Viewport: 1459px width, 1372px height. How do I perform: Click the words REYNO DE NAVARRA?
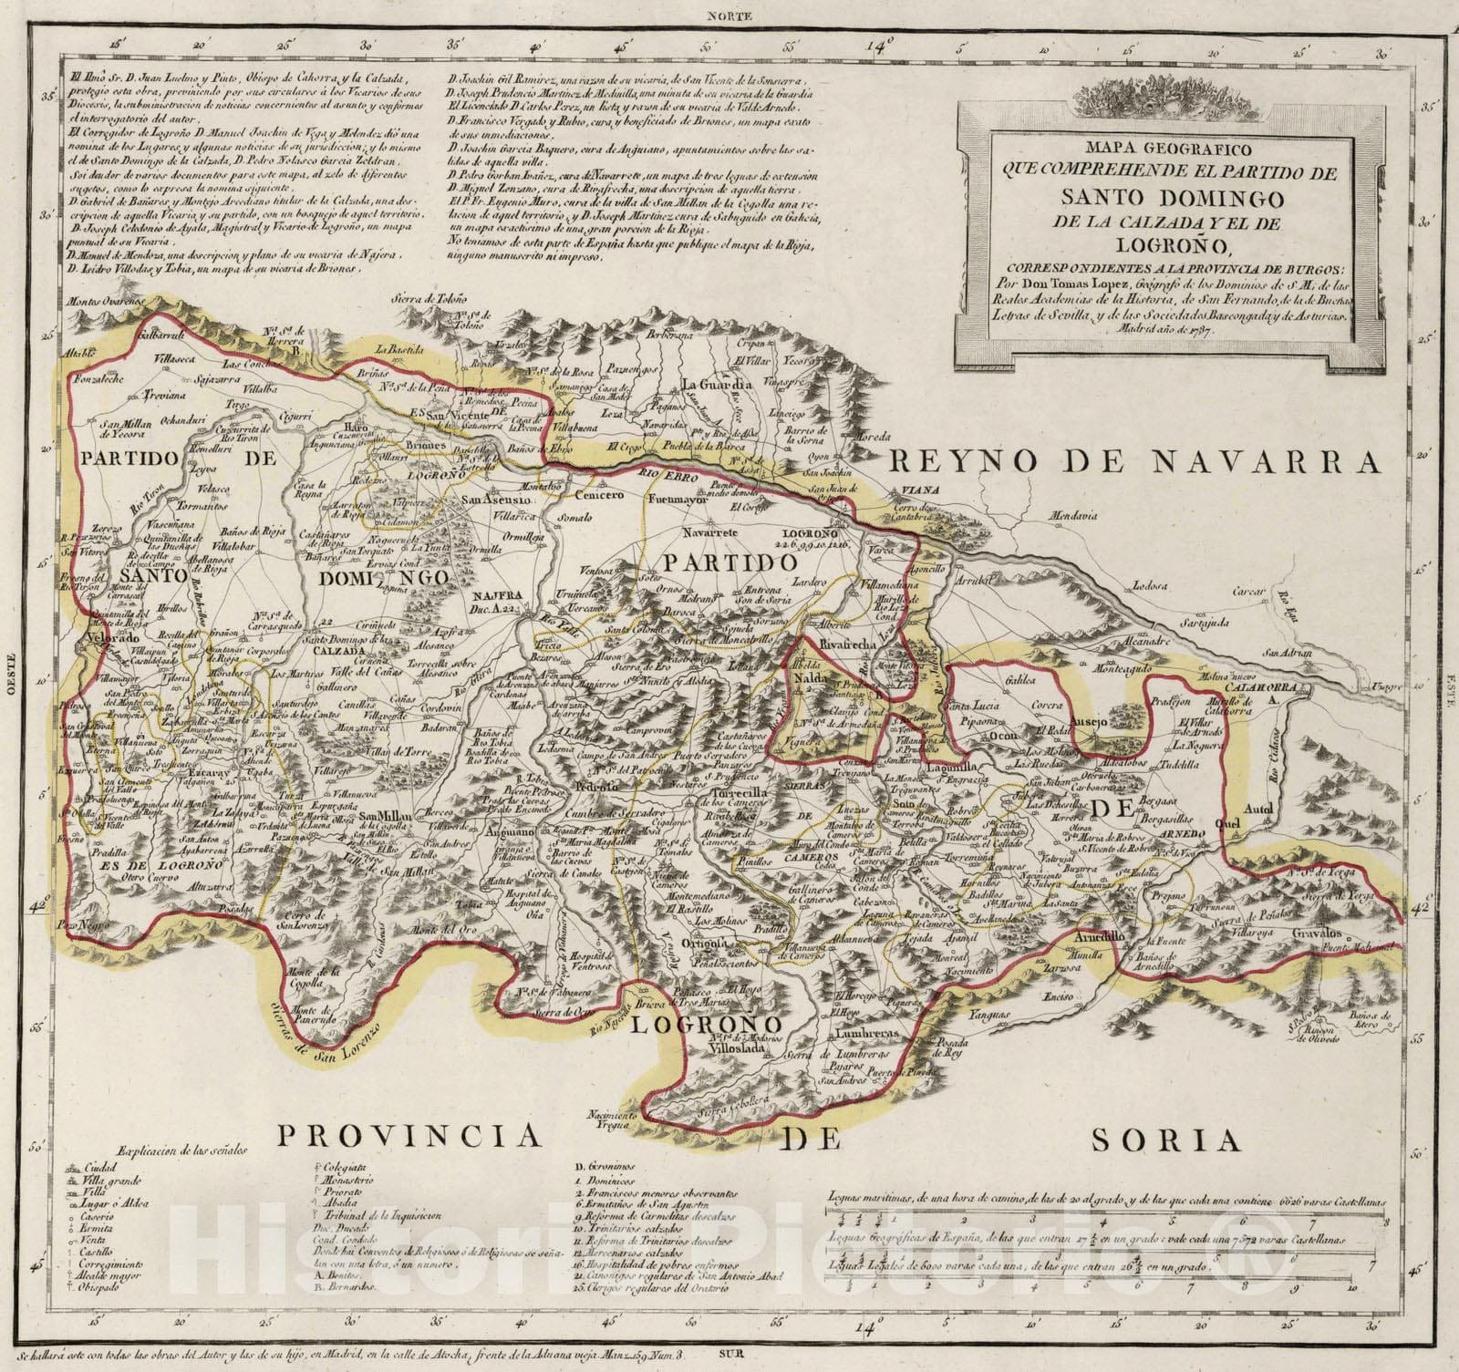coord(1134,463)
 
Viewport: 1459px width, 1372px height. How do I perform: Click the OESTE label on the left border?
coord(12,676)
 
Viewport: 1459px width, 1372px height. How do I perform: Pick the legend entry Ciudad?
coord(100,1167)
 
